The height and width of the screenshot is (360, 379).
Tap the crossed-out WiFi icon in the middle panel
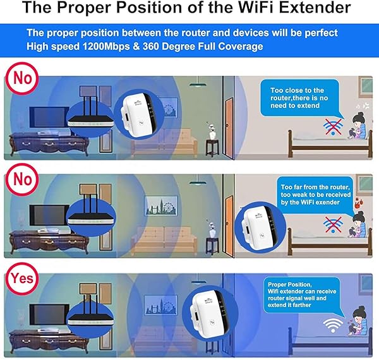click(332, 223)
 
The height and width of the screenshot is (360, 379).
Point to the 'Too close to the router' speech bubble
click(301, 99)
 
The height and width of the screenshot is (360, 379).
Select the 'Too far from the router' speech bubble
click(309, 193)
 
